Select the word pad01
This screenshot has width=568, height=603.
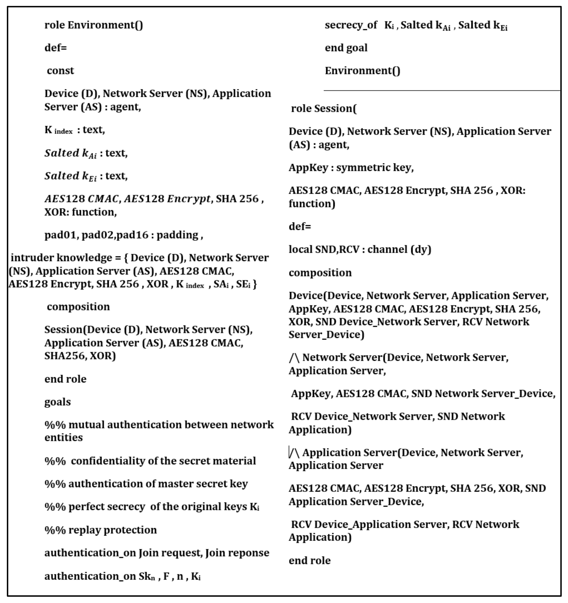point(60,235)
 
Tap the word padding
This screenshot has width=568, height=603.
point(177,235)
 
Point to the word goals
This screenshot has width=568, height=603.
point(58,402)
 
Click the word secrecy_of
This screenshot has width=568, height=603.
point(351,25)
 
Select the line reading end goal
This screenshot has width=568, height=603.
point(346,48)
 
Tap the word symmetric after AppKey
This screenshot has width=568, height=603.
point(355,168)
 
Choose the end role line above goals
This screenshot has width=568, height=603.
point(65,379)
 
